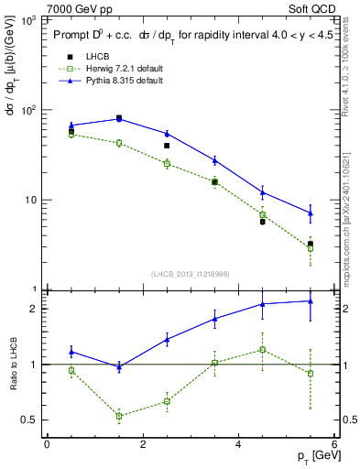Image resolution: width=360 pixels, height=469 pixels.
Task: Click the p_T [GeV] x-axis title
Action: pyautogui.click(x=311, y=456)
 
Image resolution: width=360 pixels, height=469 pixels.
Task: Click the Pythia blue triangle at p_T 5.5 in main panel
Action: pyautogui.click(x=311, y=213)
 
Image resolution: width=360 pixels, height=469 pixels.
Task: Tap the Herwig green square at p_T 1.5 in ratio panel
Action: pyautogui.click(x=119, y=416)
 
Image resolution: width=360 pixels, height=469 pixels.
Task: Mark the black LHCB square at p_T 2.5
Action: pyautogui.click(x=167, y=146)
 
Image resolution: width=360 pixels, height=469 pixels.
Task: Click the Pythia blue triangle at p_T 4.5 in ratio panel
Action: pyautogui.click(x=263, y=303)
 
